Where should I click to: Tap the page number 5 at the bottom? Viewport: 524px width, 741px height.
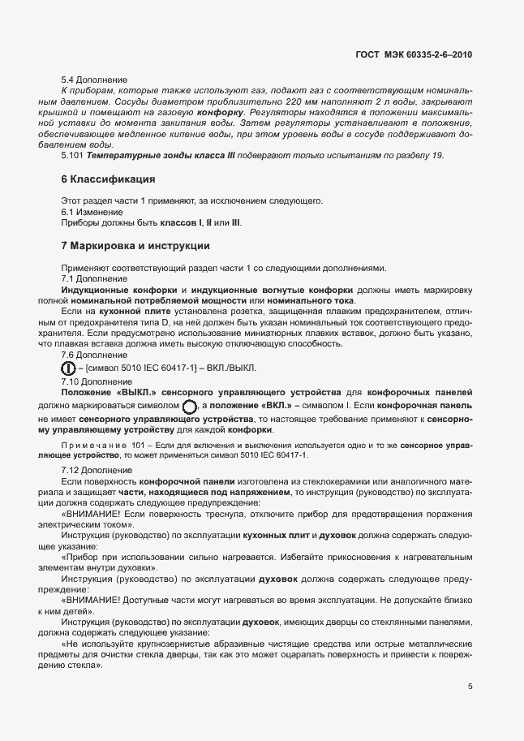470,687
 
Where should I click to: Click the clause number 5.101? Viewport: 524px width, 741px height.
72,154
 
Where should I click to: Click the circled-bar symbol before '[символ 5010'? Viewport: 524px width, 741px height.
69,368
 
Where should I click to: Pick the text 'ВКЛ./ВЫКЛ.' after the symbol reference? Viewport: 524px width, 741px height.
232,368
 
